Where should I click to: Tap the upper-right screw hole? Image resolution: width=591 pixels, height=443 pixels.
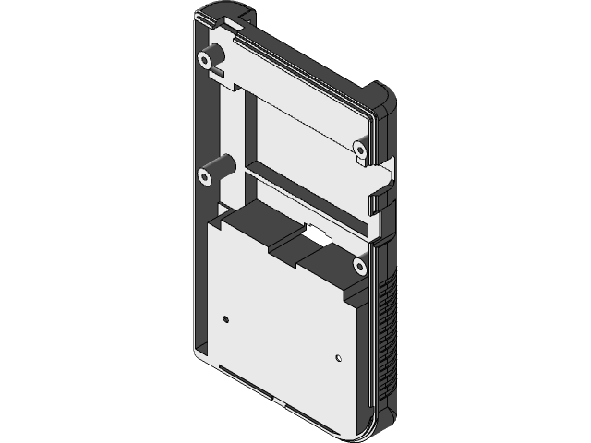(x=360, y=148)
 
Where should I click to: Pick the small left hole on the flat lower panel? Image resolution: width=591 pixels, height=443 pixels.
(x=226, y=320)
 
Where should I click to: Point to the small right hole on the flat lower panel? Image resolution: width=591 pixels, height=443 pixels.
(x=339, y=357)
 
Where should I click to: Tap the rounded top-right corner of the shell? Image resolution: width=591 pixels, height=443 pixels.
(x=380, y=93)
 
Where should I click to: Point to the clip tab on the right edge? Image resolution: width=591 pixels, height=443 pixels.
(x=381, y=194)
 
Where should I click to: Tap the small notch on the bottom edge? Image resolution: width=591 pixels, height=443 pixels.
(x=276, y=403)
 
